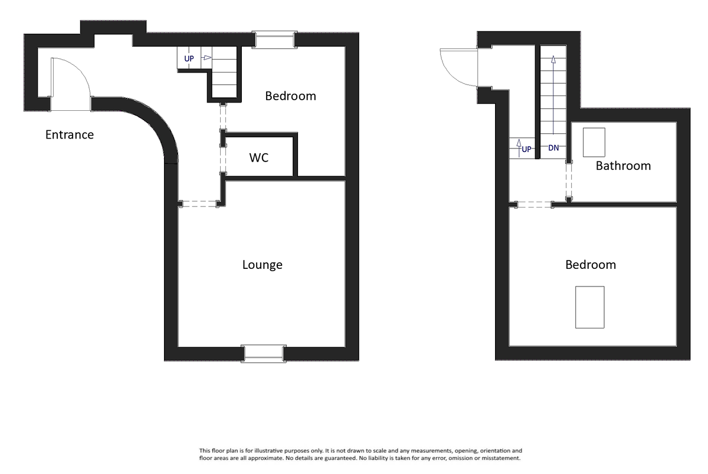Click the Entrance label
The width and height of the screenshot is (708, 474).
click(70, 135)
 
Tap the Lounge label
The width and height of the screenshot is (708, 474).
click(262, 265)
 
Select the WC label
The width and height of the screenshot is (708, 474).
click(259, 158)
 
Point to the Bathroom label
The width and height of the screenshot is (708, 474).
click(623, 166)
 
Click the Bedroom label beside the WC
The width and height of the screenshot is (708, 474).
click(290, 96)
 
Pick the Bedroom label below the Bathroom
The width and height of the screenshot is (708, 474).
click(591, 265)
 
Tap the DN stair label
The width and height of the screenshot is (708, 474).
click(553, 148)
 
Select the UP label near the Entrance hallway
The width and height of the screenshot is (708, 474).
click(189, 59)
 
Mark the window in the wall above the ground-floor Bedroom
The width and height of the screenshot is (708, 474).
click(274, 39)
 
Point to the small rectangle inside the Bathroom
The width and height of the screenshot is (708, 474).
click(594, 142)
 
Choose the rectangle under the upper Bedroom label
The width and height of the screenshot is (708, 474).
click(590, 307)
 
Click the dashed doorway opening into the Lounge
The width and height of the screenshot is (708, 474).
click(200, 204)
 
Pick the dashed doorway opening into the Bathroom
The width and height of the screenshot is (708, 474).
click(569, 182)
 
